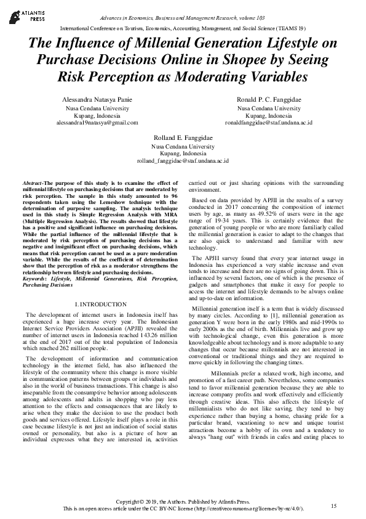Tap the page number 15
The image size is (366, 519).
click(x=333, y=506)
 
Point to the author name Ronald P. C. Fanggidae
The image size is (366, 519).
click(x=268, y=99)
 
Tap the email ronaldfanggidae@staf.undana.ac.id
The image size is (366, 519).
click(x=268, y=123)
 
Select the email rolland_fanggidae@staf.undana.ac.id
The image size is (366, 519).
click(x=183, y=161)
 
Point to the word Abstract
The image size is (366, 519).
click(x=32, y=184)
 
